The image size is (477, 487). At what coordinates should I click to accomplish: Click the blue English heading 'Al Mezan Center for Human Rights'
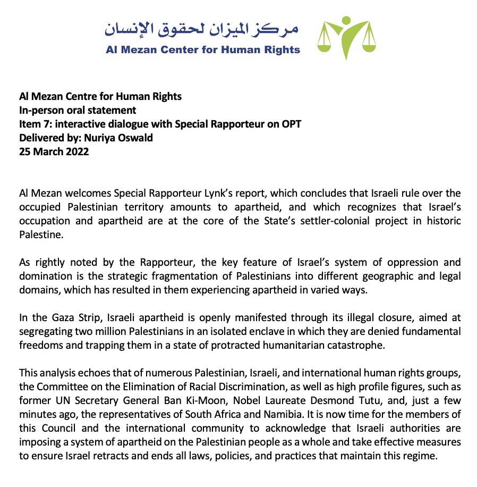click(x=202, y=50)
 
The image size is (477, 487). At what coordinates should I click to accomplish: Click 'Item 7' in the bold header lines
click(x=31, y=124)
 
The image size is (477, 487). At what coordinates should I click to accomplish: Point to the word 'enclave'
click(x=230, y=331)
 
